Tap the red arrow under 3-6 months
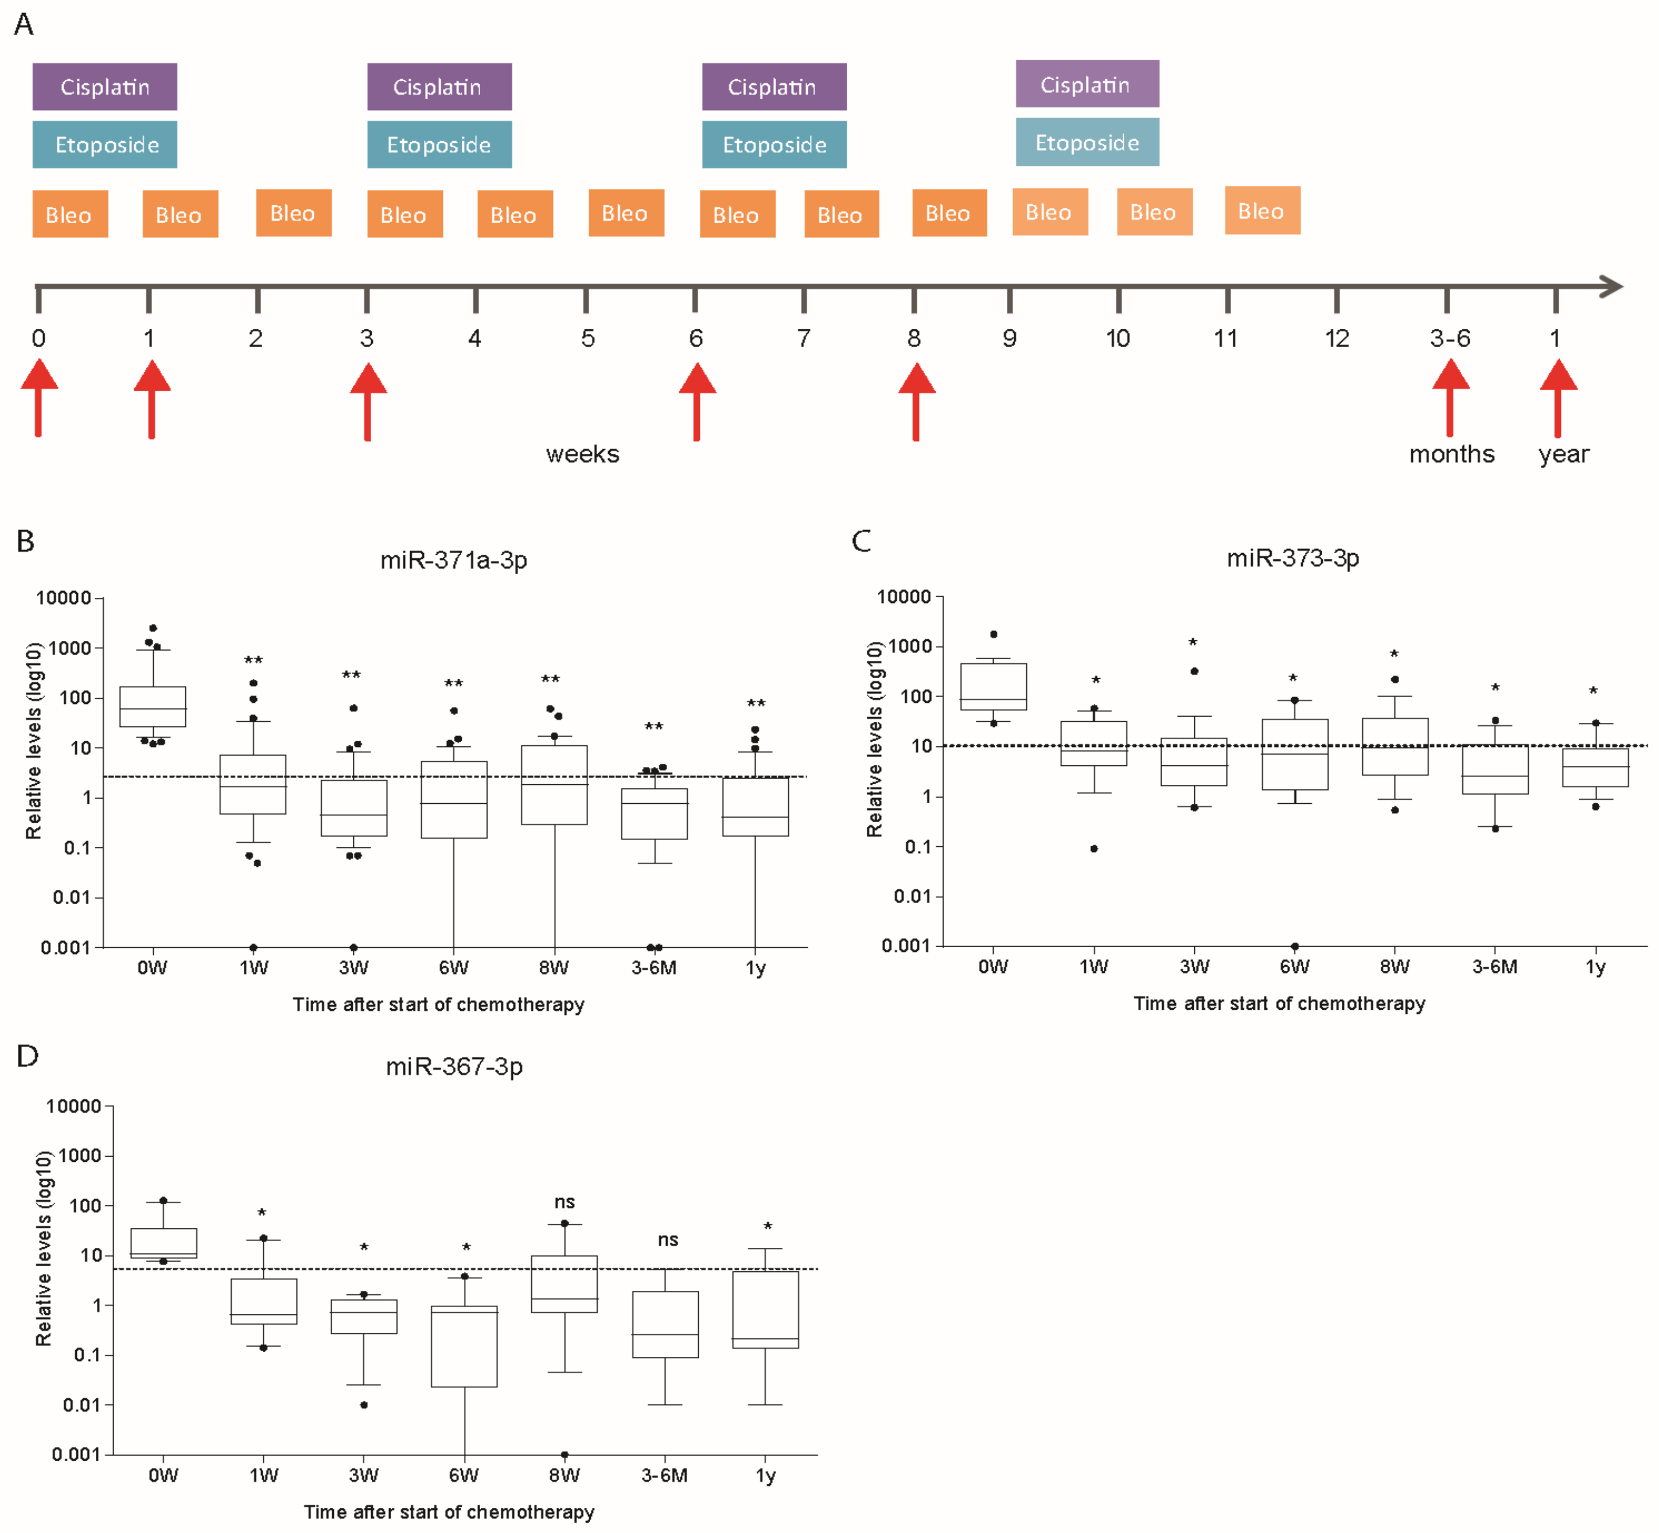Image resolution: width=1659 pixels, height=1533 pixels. click(1450, 398)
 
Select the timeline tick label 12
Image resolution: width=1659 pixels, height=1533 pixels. click(1337, 338)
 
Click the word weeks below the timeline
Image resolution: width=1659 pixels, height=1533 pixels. click(582, 454)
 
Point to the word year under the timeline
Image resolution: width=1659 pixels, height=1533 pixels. click(1564, 454)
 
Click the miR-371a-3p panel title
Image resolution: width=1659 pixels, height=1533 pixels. click(454, 561)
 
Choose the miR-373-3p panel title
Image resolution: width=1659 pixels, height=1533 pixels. click(1292, 558)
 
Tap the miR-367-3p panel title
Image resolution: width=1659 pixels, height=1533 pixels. click(454, 1067)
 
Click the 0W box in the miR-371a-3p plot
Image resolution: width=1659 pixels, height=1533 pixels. click(153, 707)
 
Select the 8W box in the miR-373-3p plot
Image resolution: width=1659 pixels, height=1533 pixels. click(1395, 746)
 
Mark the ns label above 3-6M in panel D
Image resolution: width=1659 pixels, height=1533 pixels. click(668, 1240)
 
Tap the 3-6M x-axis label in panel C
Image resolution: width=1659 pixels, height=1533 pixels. click(1495, 967)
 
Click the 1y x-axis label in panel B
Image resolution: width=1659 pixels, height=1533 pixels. click(755, 968)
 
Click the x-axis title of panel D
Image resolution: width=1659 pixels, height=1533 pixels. click(449, 1512)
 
